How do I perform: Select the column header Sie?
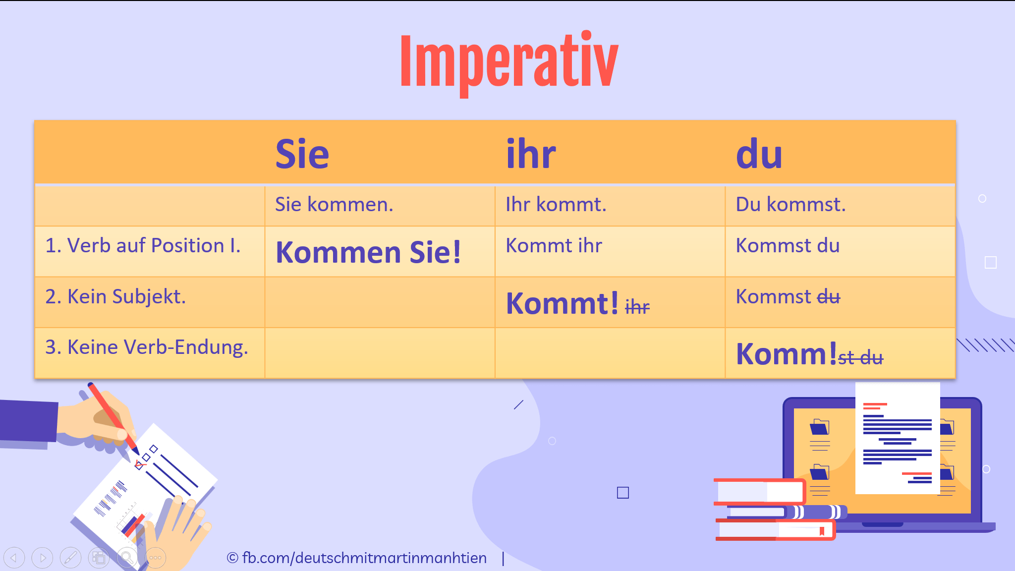coord(302,154)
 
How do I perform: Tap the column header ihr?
coord(531,154)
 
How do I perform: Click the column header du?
coord(759,154)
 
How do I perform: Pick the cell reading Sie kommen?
coord(334,205)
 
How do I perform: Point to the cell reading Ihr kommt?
coord(556,205)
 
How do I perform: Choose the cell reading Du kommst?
coord(790,205)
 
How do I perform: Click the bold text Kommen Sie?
coord(368,252)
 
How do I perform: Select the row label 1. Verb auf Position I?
coord(143,246)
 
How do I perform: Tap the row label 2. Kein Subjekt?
coord(115,297)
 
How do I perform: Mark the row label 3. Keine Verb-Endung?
coord(147,347)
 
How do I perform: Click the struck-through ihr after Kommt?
coord(637,307)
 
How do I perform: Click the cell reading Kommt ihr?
coord(554,246)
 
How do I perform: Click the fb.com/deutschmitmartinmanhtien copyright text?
coord(357,558)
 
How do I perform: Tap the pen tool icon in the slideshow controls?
coord(70,558)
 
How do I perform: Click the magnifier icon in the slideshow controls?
coord(127,558)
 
